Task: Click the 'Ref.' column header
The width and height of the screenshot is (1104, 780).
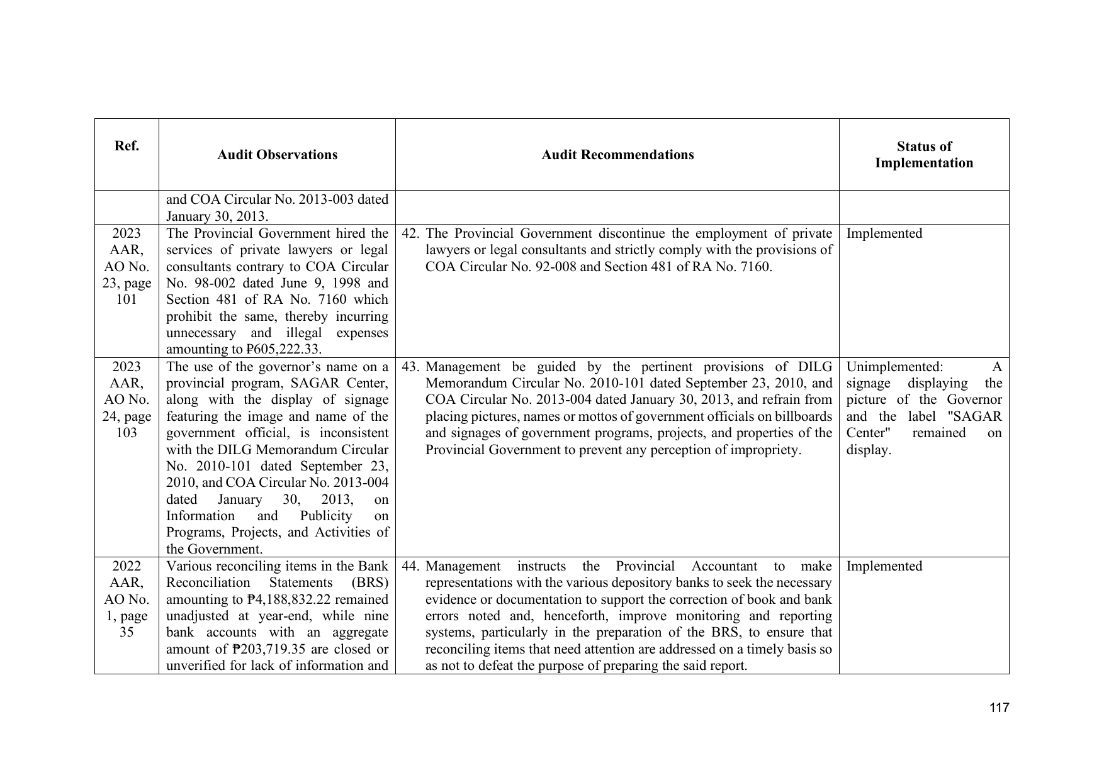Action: (x=127, y=147)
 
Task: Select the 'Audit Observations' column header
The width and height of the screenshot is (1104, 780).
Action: (x=277, y=155)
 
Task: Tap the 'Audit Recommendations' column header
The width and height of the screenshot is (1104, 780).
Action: (x=617, y=155)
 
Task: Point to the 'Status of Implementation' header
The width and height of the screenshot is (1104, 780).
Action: (x=923, y=155)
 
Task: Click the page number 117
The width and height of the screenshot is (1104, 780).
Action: (x=999, y=708)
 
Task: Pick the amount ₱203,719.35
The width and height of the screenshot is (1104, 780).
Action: (x=270, y=649)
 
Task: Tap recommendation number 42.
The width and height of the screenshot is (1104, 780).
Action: (x=411, y=234)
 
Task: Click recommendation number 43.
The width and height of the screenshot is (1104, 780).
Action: (x=411, y=367)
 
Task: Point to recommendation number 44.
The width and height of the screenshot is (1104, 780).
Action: (x=411, y=566)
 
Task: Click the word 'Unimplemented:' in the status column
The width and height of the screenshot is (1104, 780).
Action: (x=894, y=367)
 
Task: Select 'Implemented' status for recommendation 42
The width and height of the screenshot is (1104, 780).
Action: (x=884, y=234)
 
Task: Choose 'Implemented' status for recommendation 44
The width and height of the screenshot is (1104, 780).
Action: (x=884, y=566)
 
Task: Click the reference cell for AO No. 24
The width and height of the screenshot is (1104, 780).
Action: (x=127, y=400)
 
